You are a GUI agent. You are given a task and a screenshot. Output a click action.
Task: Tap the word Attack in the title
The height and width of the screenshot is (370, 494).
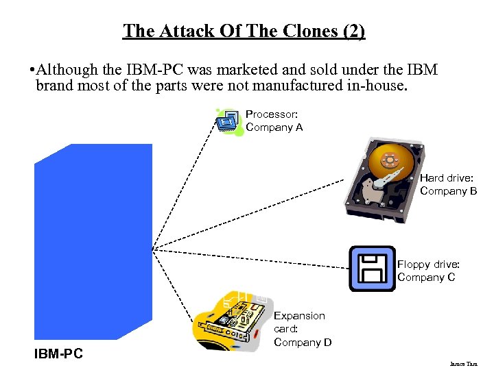(181, 31)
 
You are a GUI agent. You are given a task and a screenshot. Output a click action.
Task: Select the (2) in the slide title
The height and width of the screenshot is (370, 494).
(353, 31)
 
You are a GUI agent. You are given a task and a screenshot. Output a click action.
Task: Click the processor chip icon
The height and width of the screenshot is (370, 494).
(228, 122)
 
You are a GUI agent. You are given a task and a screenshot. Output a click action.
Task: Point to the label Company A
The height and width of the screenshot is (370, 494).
(274, 127)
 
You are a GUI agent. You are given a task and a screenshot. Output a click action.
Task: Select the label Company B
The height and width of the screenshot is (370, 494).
(448, 191)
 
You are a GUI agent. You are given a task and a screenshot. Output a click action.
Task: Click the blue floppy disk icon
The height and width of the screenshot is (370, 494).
(372, 269)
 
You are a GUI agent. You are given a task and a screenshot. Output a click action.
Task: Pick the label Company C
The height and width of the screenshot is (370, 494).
(426, 277)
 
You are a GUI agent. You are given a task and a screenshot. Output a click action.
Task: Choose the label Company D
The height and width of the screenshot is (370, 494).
(303, 342)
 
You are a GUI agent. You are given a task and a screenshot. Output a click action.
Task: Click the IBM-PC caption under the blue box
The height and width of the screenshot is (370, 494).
(58, 354)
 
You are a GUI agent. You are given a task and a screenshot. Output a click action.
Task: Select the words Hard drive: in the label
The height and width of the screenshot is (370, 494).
(446, 178)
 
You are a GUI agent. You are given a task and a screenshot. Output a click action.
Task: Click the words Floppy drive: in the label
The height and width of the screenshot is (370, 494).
(428, 264)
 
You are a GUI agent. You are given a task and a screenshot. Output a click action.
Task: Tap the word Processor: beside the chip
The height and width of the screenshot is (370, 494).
(271, 114)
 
